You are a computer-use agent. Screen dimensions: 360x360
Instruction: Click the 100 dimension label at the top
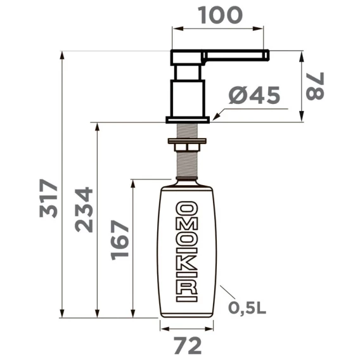click(220, 15)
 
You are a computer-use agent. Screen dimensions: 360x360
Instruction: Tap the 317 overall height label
click(48, 198)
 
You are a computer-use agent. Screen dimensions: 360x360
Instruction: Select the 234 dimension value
click(84, 210)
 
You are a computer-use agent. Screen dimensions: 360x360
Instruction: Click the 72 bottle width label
click(188, 345)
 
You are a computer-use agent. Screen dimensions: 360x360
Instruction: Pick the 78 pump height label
click(315, 86)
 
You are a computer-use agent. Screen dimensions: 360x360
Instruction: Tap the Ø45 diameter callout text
click(254, 95)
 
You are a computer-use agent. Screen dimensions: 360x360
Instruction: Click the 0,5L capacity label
click(247, 307)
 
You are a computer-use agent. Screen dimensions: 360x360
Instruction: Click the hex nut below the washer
click(187, 147)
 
